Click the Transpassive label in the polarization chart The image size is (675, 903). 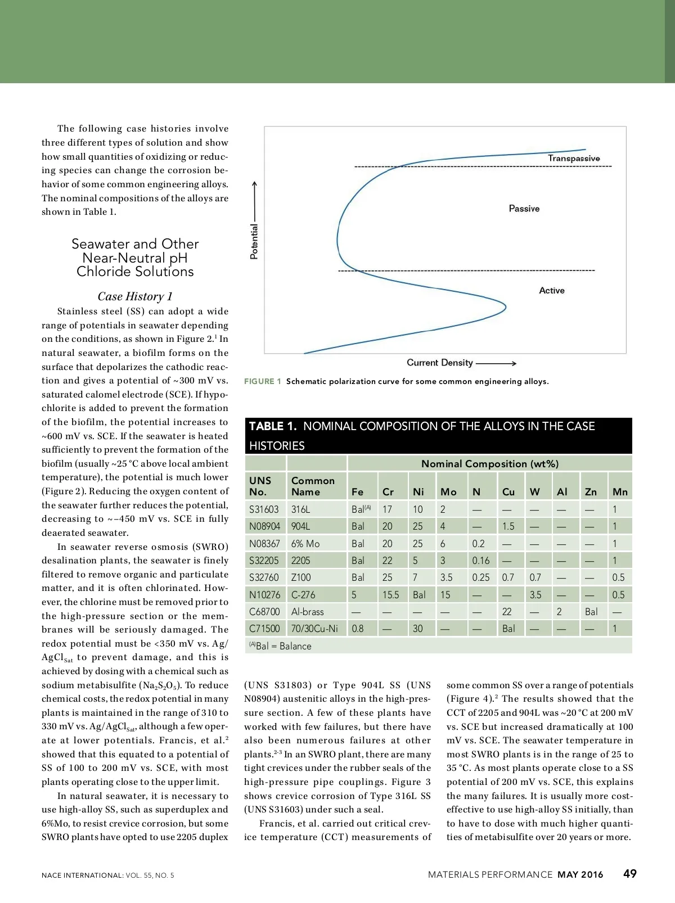point(574,159)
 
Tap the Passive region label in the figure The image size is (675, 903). point(524,209)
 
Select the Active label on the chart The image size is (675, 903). point(551,291)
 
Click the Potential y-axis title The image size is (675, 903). point(254,241)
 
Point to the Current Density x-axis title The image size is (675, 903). point(440,363)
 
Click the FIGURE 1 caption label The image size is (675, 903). point(262,381)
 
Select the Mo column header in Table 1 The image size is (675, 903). point(448,492)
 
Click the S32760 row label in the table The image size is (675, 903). point(264,577)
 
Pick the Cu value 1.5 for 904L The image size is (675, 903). point(508,526)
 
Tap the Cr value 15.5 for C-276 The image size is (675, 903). point(390,595)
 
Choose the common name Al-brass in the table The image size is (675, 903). point(307,612)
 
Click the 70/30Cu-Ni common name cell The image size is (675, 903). point(314,629)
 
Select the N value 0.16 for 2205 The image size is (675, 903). point(480,561)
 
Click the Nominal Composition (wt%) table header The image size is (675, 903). point(489,464)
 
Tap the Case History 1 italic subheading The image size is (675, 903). point(135,296)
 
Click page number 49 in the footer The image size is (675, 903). point(629,874)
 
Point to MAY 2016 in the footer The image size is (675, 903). point(580,875)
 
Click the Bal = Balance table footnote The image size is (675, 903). point(280,646)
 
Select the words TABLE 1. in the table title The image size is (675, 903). point(273,426)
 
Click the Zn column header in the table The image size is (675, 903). point(590,492)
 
